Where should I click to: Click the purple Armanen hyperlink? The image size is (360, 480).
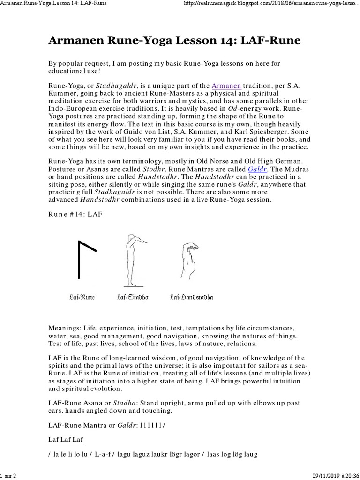(226, 86)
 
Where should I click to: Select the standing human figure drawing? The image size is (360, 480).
(132, 260)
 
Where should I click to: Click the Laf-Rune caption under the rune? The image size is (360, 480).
(82, 297)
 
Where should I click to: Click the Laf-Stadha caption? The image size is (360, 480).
(132, 297)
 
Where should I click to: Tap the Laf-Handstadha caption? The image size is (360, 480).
(191, 297)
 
